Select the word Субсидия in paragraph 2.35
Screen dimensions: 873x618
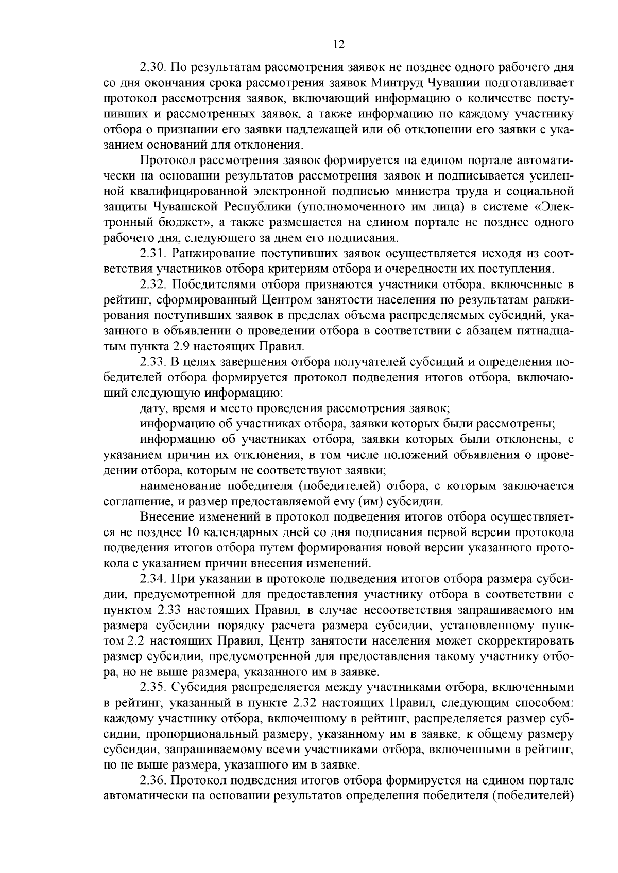(x=198, y=688)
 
